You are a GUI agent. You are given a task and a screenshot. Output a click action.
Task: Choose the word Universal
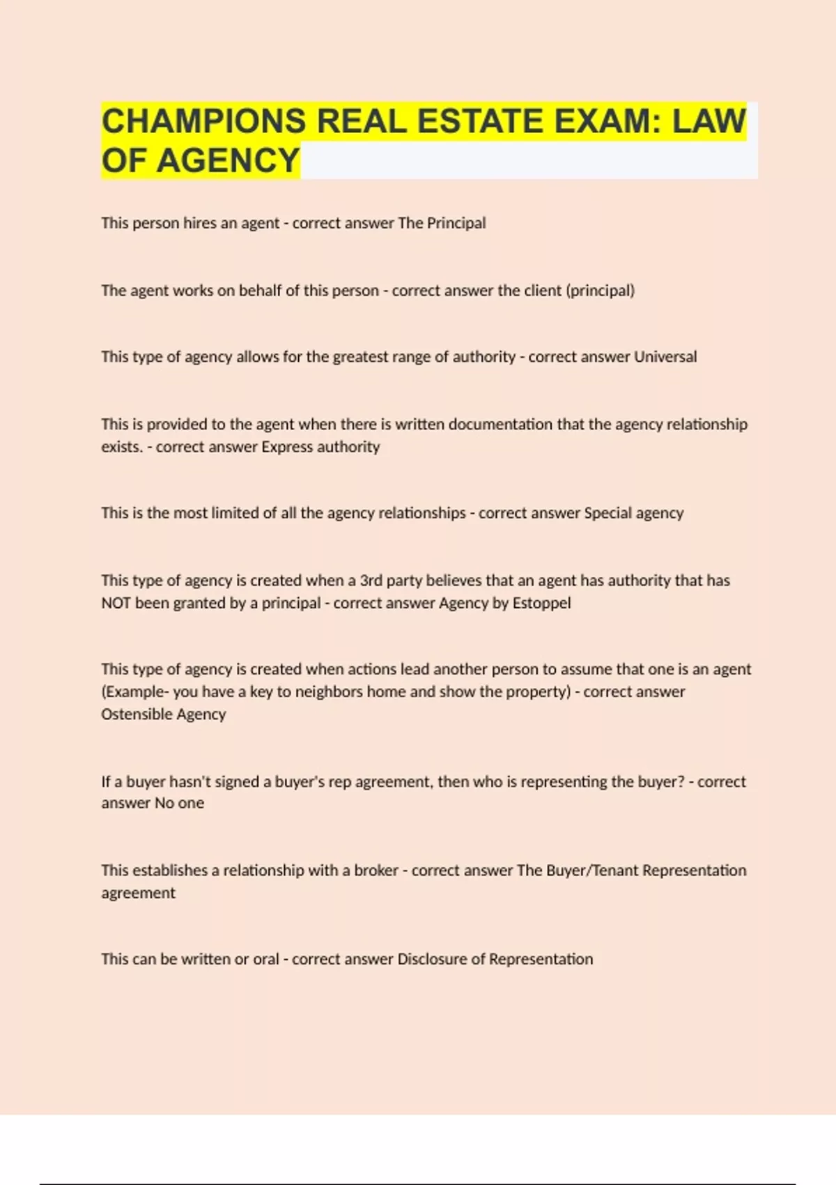click(x=665, y=357)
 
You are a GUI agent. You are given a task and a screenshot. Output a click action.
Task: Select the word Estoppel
click(x=541, y=603)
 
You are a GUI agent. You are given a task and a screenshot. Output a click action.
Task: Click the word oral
click(x=266, y=959)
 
